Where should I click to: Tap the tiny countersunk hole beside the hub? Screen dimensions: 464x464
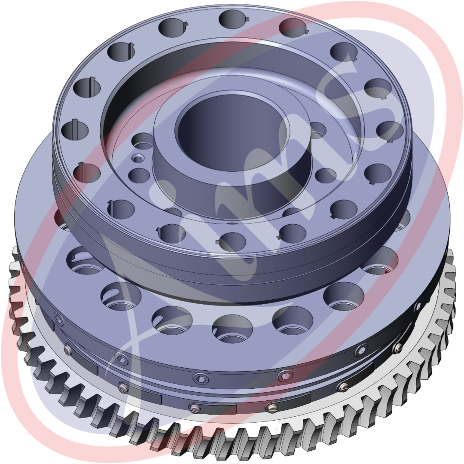point(137,158)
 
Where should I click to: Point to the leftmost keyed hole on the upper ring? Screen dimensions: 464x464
point(75,129)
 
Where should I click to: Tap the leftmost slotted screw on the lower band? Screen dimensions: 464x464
point(68,349)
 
